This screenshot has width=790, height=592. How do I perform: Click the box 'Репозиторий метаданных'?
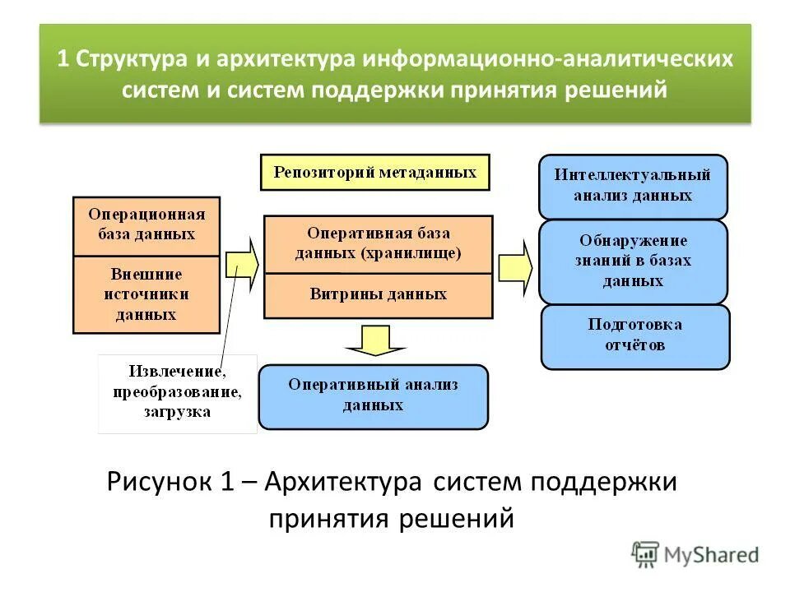click(374, 172)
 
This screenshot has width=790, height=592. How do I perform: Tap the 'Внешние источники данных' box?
click(146, 294)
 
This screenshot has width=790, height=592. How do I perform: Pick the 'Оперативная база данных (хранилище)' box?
click(378, 244)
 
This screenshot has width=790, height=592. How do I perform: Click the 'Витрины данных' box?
click(378, 294)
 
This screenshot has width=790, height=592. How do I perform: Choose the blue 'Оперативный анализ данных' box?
click(373, 396)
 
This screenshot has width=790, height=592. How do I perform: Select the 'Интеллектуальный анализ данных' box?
click(633, 186)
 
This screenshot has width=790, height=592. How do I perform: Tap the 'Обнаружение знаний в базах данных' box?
click(633, 261)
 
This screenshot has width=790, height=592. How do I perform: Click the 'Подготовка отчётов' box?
click(634, 335)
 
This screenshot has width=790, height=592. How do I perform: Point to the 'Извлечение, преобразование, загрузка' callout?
click(177, 393)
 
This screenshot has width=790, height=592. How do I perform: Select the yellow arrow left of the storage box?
click(241, 264)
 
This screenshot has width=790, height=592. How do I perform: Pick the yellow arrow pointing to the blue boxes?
click(515, 266)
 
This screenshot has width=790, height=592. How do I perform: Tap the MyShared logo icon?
click(646, 553)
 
